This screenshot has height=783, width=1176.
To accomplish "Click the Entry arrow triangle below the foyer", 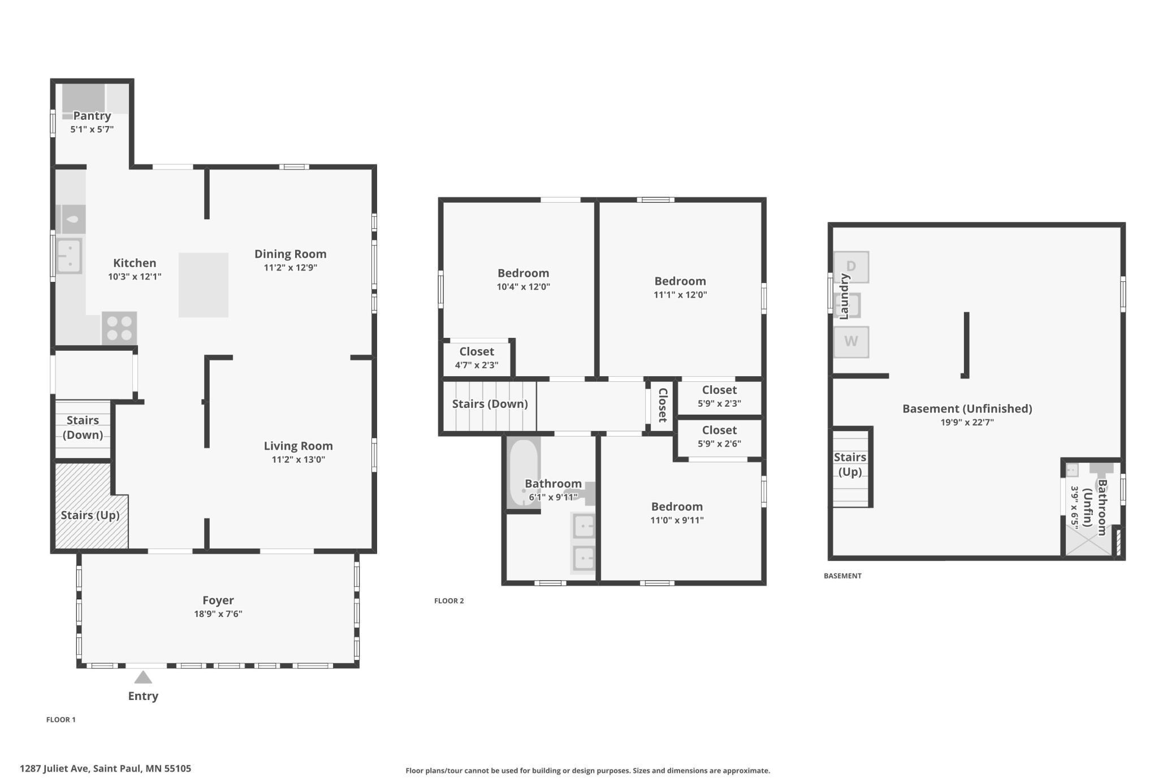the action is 143,677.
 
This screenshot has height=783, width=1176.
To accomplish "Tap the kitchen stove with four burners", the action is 119,328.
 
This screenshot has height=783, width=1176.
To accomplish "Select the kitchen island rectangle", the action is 204,285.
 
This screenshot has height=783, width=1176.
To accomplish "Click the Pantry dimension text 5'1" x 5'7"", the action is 92,129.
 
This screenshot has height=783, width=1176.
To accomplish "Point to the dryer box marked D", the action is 851,267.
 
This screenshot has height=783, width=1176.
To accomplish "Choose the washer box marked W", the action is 851,342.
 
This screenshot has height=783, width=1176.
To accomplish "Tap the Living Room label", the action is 298,446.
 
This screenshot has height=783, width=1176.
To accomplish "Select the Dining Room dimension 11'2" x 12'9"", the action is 291,268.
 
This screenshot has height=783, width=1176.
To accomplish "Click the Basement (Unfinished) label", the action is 967,408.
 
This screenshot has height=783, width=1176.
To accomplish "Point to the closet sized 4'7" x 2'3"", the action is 477,358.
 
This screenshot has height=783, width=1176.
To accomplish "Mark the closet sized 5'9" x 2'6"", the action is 719,438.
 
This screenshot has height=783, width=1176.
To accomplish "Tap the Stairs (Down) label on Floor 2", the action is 490,404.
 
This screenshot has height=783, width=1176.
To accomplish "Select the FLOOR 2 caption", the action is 449,601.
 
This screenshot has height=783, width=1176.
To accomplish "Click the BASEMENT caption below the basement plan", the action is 842,576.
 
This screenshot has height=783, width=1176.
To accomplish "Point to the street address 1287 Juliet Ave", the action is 105,768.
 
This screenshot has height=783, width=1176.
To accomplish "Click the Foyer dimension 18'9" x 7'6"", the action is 218,614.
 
